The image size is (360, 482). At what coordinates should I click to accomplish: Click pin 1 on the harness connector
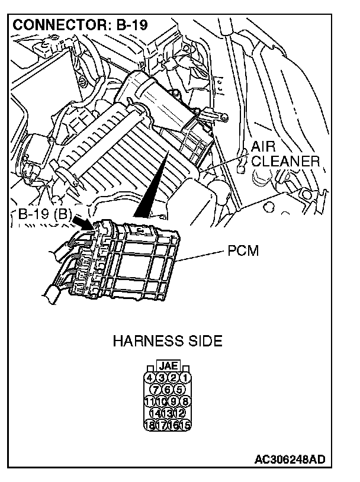tap(186, 377)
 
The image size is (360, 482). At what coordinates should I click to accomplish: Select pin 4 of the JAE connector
tap(150, 377)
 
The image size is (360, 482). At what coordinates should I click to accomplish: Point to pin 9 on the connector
tap(174, 401)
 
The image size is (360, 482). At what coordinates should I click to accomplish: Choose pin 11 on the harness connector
tap(150, 401)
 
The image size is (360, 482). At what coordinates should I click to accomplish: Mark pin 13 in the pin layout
tap(168, 413)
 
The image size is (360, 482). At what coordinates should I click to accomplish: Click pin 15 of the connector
tap(186, 424)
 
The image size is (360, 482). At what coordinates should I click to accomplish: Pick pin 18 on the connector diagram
tap(150, 424)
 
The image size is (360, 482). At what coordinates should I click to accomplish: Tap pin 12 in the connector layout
tap(179, 413)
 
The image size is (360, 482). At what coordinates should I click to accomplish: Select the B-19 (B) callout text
tap(42, 214)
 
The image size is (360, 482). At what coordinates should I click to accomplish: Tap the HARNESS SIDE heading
tap(168, 341)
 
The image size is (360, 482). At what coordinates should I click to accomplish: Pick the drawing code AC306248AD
tap(289, 459)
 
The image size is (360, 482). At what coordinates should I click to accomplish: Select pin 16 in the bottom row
tap(174, 424)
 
